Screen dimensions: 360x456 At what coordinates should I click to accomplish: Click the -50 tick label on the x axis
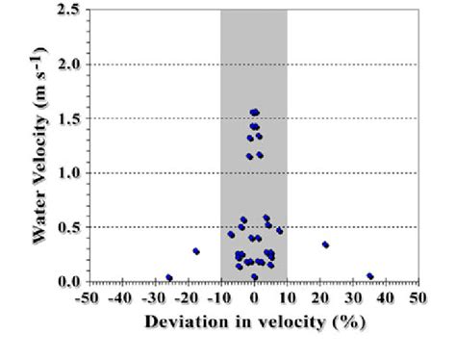(x=88, y=297)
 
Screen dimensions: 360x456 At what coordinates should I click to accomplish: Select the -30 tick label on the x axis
(x=154, y=297)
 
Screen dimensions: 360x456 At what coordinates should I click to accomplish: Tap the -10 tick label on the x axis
(x=220, y=297)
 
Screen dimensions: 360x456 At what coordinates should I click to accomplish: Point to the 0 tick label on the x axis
(x=254, y=297)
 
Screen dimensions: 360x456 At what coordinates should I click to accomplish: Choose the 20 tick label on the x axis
(x=319, y=297)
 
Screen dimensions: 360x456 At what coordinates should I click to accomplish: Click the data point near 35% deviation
(x=370, y=276)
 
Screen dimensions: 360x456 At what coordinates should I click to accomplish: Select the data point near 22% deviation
(x=325, y=244)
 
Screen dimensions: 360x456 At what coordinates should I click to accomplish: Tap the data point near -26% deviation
(x=169, y=277)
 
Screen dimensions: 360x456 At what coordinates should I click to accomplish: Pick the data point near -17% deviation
(x=196, y=251)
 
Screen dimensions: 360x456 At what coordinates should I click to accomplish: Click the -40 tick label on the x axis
(x=120, y=297)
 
